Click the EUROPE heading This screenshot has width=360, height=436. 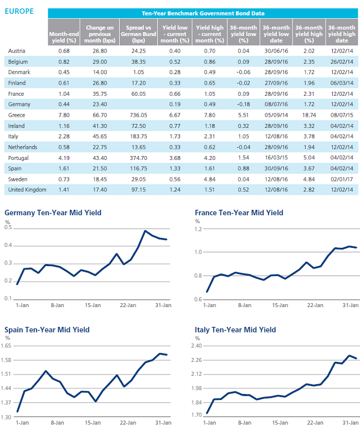coord(19,11)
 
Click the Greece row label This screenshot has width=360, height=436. coord(17,115)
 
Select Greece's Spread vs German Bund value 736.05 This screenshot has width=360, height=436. coord(138,115)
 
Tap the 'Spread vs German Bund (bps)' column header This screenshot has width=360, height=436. coord(138,34)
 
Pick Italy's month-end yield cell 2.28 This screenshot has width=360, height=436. coord(64,137)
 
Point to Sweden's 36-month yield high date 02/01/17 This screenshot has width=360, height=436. coord(342,179)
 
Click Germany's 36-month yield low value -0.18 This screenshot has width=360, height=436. coord(243,105)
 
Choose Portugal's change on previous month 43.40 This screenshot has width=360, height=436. coord(100,158)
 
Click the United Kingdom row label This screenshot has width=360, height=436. coord(27,190)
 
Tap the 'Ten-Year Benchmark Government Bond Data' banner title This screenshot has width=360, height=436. coord(203,13)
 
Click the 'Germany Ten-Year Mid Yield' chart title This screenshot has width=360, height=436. coord(53,212)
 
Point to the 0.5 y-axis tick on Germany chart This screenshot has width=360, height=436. coord(8,227)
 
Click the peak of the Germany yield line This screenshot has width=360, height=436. coord(145,231)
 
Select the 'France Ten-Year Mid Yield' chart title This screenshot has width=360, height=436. coord(239,212)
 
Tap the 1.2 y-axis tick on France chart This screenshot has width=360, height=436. coord(198,230)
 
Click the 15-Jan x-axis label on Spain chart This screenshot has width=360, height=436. coord(92,423)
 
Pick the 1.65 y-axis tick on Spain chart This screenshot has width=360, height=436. coord(6,346)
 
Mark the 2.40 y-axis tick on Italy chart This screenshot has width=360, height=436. coord(196,346)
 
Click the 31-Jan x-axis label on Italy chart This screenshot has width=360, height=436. coord(350,423)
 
